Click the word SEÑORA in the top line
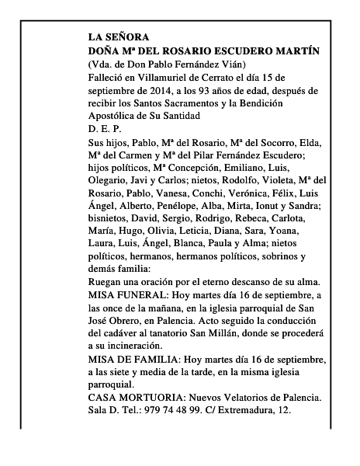(x=123, y=37)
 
